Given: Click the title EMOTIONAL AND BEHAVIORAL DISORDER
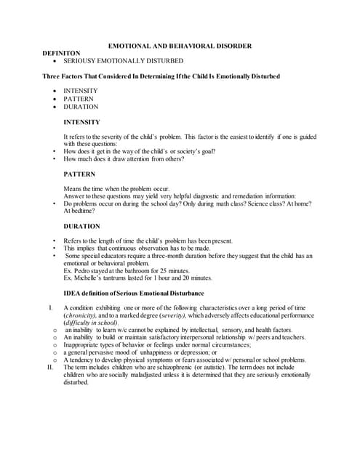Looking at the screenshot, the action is [179, 46].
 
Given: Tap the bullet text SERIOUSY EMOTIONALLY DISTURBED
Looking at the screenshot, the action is [123, 61].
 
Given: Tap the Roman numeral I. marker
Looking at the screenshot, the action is [49, 308].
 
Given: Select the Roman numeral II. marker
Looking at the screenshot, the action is [49, 368].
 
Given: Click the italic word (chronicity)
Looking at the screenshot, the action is [82, 316].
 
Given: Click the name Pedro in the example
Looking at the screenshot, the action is [82, 270].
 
